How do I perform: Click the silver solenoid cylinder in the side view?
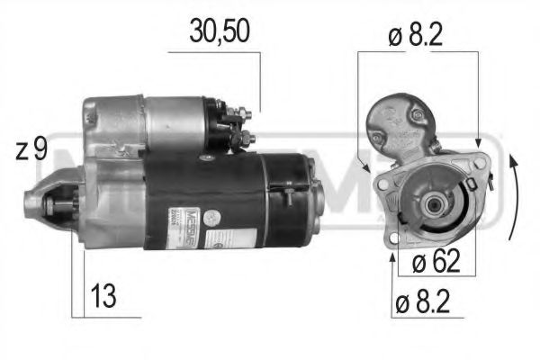click(x=171, y=117)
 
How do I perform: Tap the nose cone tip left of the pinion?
click(x=27, y=206)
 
